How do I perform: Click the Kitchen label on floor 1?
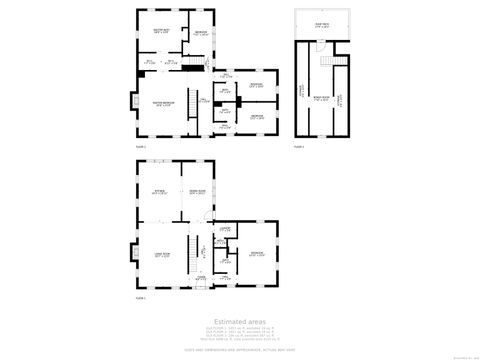(159, 191)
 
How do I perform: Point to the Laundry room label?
(227, 229)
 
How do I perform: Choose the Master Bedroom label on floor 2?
(161, 104)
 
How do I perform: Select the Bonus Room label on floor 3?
(321, 97)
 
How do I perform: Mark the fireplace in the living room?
(131, 255)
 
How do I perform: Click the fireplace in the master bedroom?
(131, 102)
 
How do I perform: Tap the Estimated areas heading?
(240, 320)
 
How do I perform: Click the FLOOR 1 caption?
(141, 297)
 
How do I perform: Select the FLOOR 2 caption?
(142, 147)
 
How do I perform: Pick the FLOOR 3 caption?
(298, 147)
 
